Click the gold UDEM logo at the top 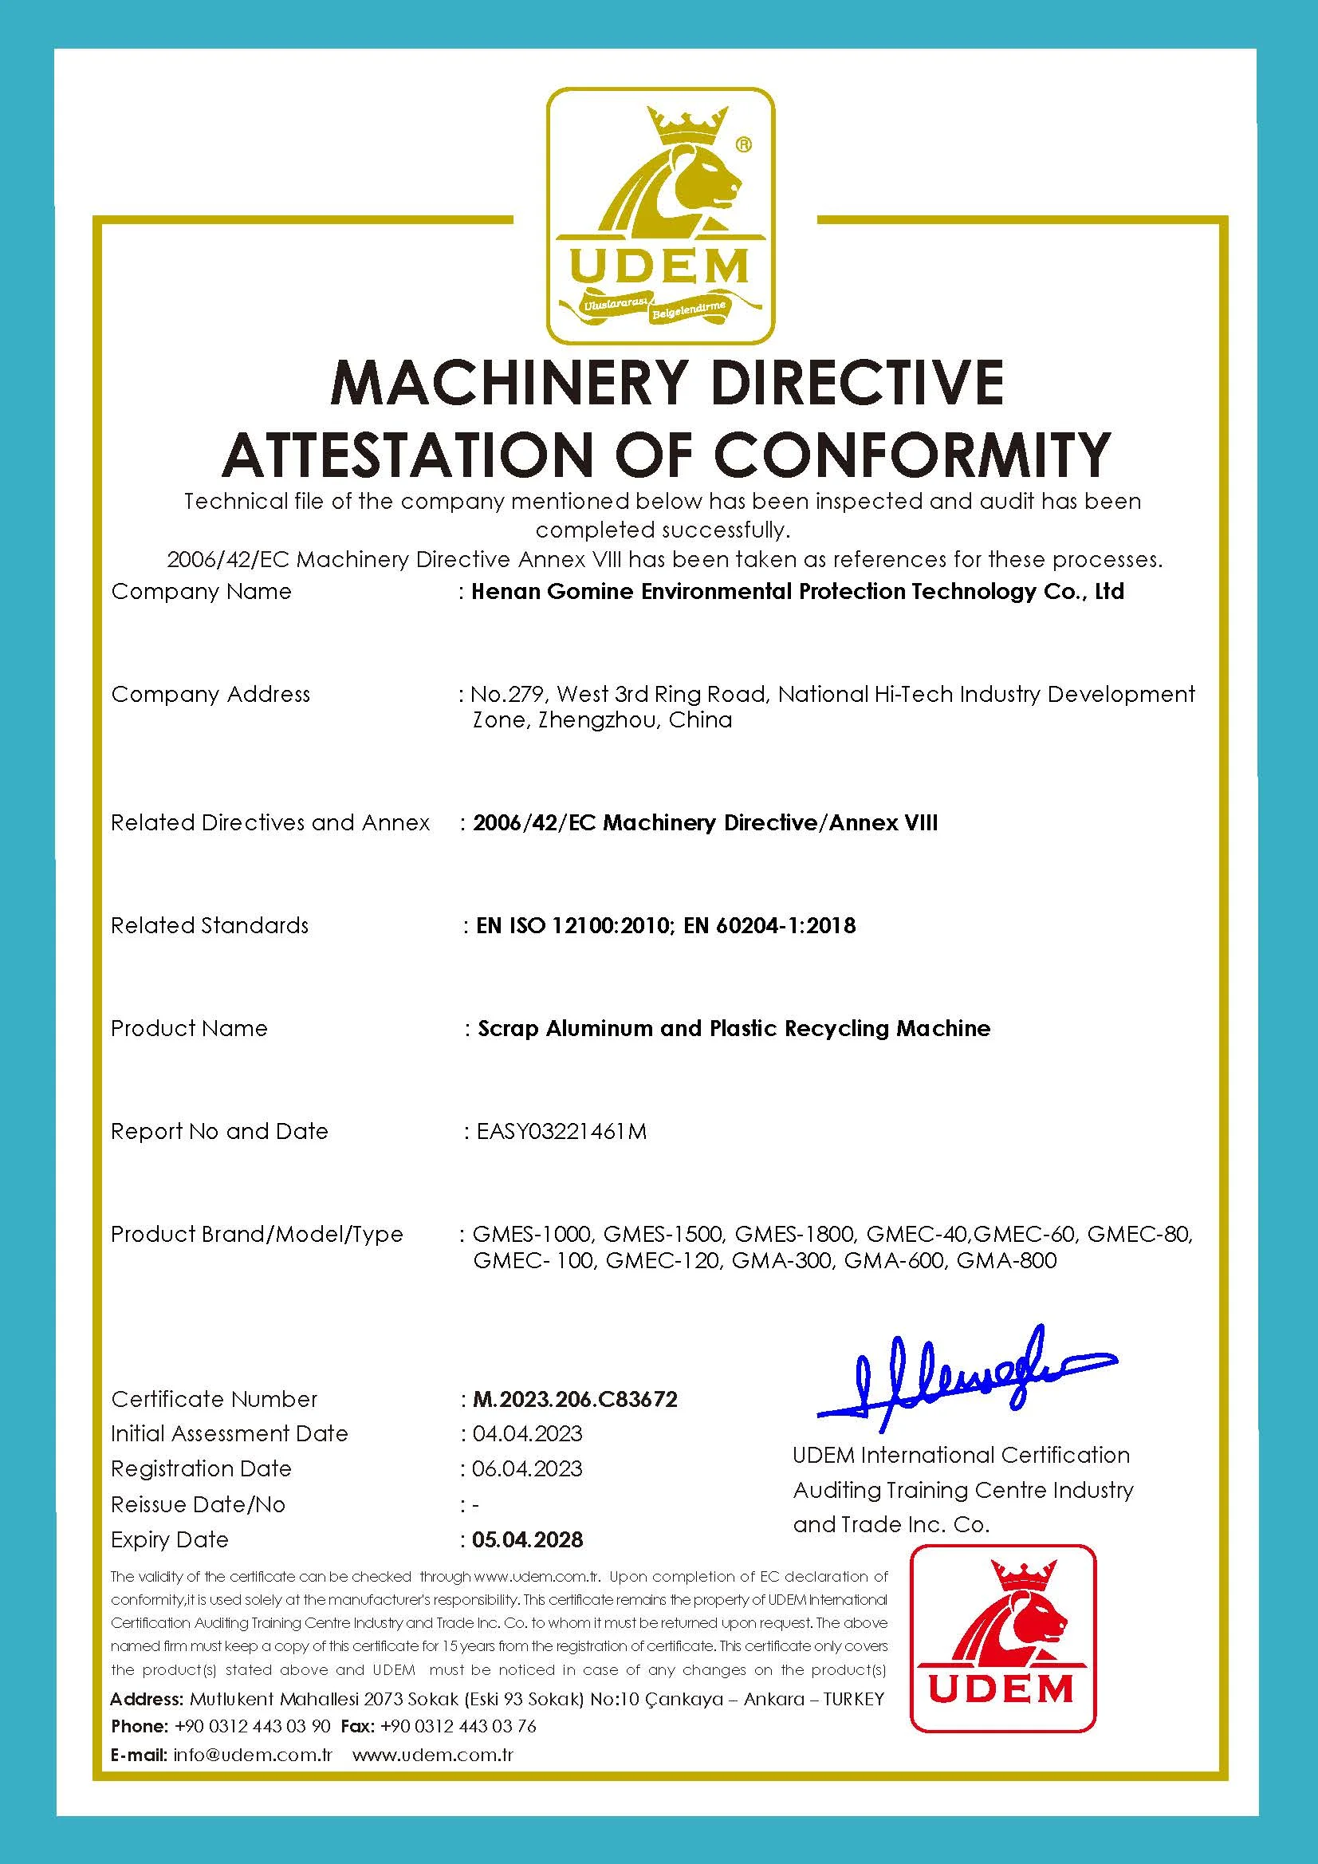659,216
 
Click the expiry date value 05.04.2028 528,1539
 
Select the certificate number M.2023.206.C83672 575,1399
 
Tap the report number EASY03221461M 561,1131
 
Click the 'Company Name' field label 201,591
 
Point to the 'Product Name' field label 189,1028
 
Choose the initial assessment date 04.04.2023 528,1433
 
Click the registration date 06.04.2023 528,1468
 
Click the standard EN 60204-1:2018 769,925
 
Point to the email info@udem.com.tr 253,1754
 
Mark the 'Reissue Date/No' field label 198,1504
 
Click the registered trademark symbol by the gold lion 742,144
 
